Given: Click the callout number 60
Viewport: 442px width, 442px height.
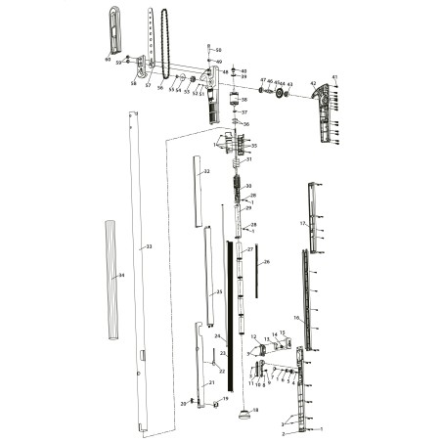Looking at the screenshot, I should (x=108, y=60).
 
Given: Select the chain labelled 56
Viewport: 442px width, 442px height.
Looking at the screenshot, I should (x=168, y=44).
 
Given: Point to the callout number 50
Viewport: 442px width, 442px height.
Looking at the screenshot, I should (x=219, y=50).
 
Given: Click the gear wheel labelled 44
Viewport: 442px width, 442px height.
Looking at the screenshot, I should (x=280, y=94).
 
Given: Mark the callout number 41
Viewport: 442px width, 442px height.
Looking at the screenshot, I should (x=334, y=76).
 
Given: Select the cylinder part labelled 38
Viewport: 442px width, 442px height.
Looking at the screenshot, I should (x=235, y=101).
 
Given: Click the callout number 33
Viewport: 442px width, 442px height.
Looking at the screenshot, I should (x=149, y=246).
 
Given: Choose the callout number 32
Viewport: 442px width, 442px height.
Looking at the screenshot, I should (x=206, y=171).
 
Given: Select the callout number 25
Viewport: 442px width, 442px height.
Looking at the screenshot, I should (x=220, y=292).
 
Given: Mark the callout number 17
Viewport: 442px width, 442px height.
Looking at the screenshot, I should (x=303, y=224).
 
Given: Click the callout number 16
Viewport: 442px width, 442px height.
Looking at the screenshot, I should (x=296, y=318).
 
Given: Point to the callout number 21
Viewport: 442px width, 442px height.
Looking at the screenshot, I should (x=210, y=383).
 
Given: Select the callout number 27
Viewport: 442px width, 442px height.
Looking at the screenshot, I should (x=250, y=250).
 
